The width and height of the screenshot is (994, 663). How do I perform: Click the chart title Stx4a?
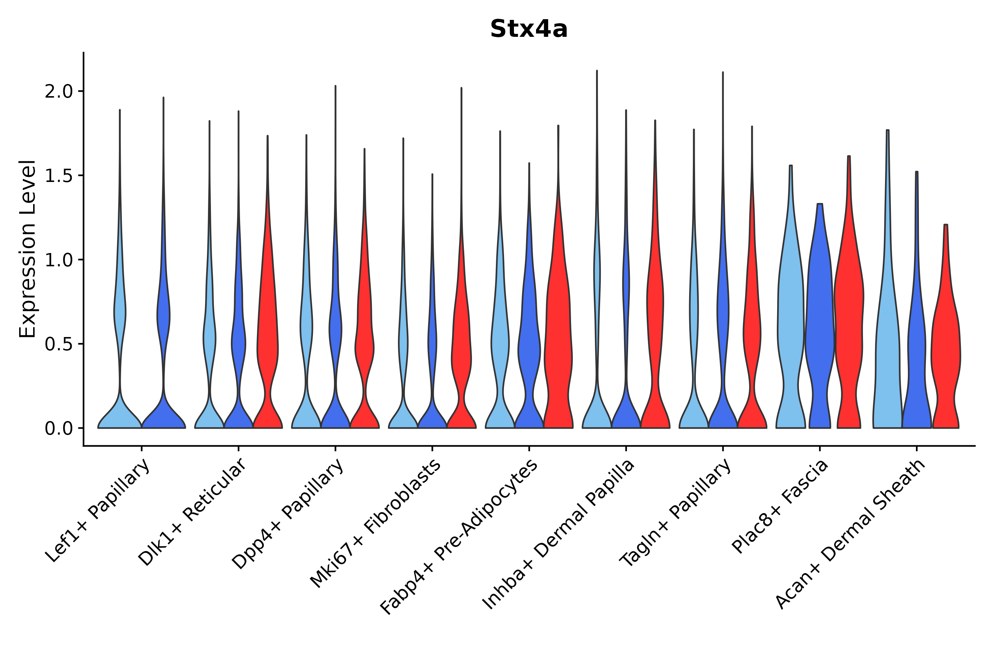point(528,29)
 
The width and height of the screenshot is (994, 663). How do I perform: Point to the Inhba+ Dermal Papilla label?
point(558,534)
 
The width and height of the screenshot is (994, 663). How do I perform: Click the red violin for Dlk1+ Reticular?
point(268,338)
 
